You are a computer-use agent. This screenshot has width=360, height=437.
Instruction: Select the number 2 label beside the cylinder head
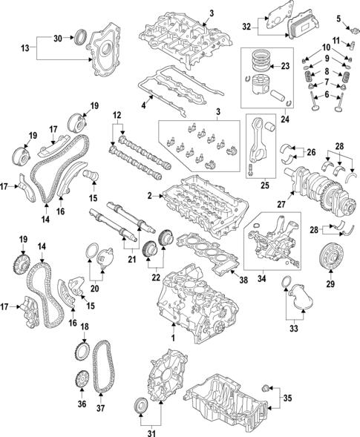click(149, 195)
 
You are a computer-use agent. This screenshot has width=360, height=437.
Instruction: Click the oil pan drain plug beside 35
click(269, 388)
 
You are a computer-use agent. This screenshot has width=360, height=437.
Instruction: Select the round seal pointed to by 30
click(82, 35)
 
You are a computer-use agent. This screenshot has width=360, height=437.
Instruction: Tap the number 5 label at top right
click(337, 18)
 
